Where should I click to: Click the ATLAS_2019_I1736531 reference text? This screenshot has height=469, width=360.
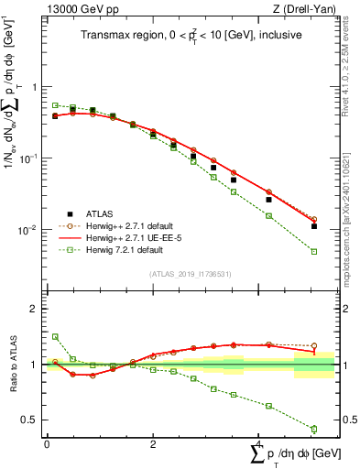(x=190, y=274)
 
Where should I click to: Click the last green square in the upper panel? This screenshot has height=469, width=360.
(x=314, y=251)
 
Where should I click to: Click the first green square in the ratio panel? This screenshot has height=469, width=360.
(x=55, y=337)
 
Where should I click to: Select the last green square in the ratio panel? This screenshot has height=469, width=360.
(x=314, y=429)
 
